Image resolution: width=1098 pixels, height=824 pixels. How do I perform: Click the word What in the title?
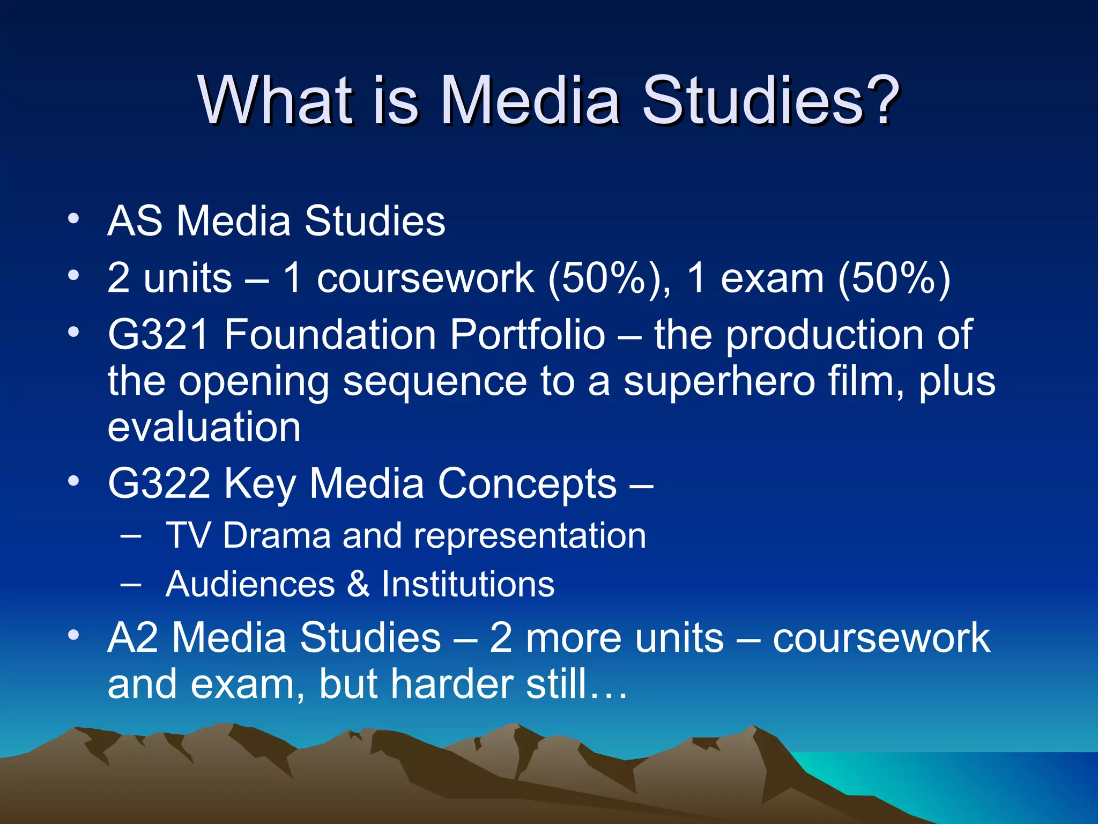point(276,99)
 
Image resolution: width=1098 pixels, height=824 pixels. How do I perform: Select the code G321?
point(158,334)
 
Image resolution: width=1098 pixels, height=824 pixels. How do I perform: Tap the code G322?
point(159,483)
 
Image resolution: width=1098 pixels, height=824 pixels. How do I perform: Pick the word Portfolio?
point(528,334)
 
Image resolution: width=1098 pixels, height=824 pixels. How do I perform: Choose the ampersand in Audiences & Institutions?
point(358,584)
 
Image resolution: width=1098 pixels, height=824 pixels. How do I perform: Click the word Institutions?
point(468,584)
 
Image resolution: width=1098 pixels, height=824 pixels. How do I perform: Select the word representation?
point(530,536)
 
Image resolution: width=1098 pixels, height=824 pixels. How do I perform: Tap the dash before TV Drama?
point(131,535)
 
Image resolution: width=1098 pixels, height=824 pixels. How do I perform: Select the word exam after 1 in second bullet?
point(772,278)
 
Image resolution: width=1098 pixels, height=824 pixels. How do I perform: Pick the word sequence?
point(435,382)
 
